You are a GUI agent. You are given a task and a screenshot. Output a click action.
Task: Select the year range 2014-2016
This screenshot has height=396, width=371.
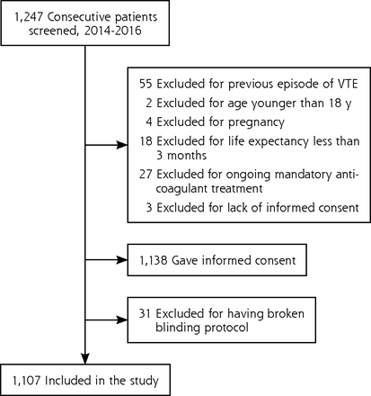(112, 31)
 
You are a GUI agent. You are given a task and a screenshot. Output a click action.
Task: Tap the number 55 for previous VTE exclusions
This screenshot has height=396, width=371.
(146, 84)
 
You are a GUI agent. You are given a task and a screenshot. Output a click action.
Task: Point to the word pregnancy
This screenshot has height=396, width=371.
(256, 122)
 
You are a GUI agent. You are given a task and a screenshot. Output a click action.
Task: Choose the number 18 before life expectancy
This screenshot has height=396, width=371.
(146, 141)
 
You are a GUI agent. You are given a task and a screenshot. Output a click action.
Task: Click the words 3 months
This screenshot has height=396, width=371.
(181, 156)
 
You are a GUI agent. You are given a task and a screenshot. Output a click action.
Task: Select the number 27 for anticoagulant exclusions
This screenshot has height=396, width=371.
(146, 175)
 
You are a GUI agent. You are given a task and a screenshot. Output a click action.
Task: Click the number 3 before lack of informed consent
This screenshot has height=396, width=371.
(149, 208)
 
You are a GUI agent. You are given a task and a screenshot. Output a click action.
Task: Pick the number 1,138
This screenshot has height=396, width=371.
(153, 260)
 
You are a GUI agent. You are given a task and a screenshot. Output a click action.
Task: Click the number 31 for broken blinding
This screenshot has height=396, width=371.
(145, 313)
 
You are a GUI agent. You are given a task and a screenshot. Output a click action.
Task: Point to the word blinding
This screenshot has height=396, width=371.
(178, 328)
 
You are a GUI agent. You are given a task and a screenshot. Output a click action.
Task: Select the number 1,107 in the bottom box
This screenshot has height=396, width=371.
(26, 381)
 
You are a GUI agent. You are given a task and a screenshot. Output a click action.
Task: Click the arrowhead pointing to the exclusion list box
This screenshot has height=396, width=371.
(122, 145)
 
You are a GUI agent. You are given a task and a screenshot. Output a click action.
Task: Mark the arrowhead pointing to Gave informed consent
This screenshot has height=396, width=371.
(122, 260)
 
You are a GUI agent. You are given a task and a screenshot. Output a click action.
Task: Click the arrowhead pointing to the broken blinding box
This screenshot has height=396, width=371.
(122, 319)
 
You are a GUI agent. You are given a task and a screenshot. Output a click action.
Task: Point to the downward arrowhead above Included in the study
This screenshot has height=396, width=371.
(85, 358)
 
